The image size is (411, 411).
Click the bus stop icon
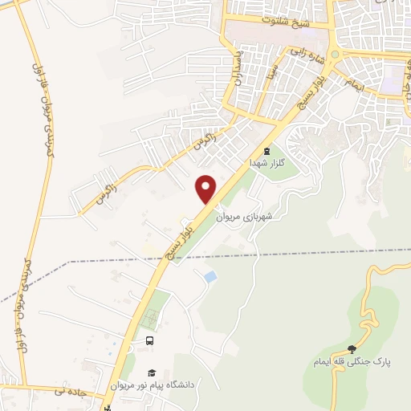149,341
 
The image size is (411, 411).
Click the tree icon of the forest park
352,349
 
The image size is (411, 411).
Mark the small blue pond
210,276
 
